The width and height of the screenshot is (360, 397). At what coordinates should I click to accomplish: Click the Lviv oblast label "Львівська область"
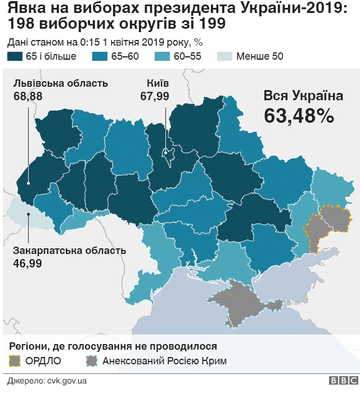[x=60, y=83]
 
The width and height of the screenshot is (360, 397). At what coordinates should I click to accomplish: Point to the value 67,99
[x=155, y=96]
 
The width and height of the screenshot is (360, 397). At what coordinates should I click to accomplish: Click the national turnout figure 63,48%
[x=299, y=115]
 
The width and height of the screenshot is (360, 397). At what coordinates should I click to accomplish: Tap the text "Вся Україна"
[x=303, y=96]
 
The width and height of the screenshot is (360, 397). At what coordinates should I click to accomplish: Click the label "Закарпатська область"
[x=69, y=251]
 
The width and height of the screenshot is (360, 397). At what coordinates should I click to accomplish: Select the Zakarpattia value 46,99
[x=27, y=263]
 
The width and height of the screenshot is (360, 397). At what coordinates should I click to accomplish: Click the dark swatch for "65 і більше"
[x=15, y=56]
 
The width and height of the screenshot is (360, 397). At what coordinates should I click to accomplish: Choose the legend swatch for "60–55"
[x=164, y=56]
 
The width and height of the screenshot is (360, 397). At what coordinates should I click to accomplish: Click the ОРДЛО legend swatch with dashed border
[x=16, y=360]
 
